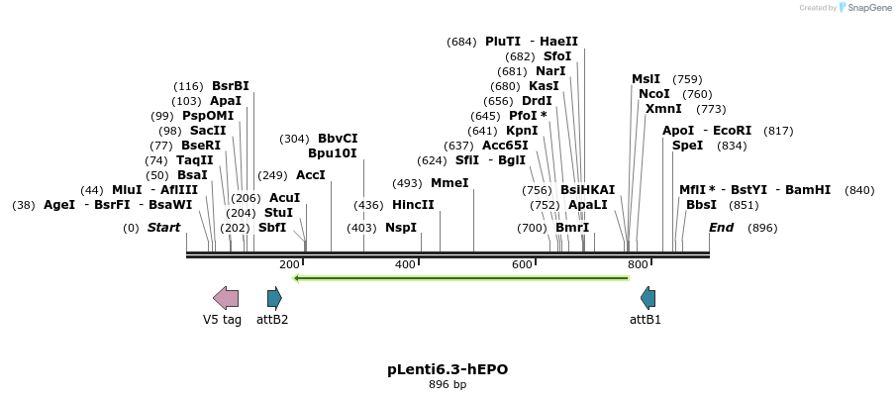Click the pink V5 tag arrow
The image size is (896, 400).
coord(226,297)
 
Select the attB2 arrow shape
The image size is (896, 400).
coord(274,297)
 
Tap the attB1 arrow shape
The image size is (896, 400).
coord(647,297)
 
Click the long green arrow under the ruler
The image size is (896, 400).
coord(461,278)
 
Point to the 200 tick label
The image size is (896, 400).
coord(289,264)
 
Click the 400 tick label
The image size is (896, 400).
coord(405,264)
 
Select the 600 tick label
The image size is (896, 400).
coord(522,264)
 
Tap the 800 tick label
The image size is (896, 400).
coord(638,264)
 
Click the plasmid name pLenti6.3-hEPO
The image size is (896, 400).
coord(448,369)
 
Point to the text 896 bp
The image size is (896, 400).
coord(448,384)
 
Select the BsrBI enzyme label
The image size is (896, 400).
coord(231,86)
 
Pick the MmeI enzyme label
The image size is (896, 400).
coord(449,183)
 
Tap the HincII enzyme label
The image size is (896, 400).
coord(413,205)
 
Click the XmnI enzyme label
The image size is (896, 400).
coord(663,109)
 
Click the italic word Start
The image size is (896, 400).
coord(163,228)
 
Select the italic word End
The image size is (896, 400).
coord(722,228)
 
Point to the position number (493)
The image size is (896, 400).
coord(407,183)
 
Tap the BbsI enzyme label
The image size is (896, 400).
coord(702,205)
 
